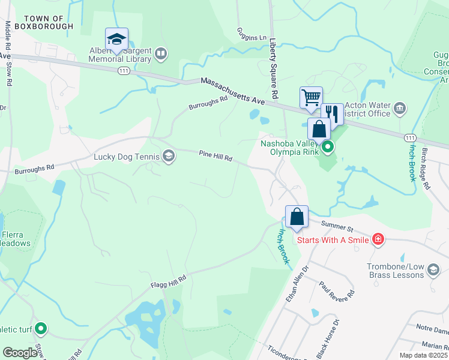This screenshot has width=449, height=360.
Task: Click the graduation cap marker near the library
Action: pos(116,40)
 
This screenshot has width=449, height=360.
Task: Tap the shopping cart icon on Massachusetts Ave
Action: pos(311,97)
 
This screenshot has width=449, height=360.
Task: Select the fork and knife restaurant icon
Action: pos(331,113)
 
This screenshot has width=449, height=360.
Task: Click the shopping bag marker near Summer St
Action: pos(297,217)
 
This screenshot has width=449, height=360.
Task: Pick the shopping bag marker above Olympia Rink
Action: pos(319,128)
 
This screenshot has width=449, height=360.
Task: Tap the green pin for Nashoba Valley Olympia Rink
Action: pos(327,146)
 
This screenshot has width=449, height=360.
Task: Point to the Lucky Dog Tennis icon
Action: pos(169,157)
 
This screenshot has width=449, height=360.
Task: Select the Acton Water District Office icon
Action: pos(400,109)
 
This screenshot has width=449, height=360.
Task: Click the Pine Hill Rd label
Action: pos(215,156)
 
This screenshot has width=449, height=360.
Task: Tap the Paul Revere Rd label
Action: pos(337,292)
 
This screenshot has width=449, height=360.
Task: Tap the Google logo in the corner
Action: pos(20,353)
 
